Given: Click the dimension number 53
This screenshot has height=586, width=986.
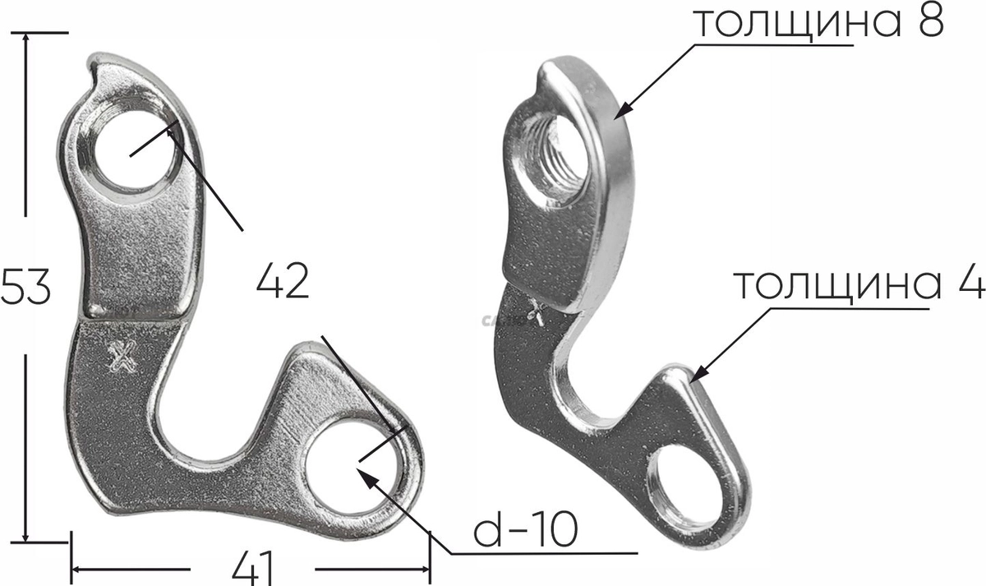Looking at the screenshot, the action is click(25, 286).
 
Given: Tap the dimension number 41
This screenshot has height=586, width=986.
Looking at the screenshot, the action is click(253, 569).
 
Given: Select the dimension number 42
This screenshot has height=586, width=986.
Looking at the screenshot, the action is click(283, 281).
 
